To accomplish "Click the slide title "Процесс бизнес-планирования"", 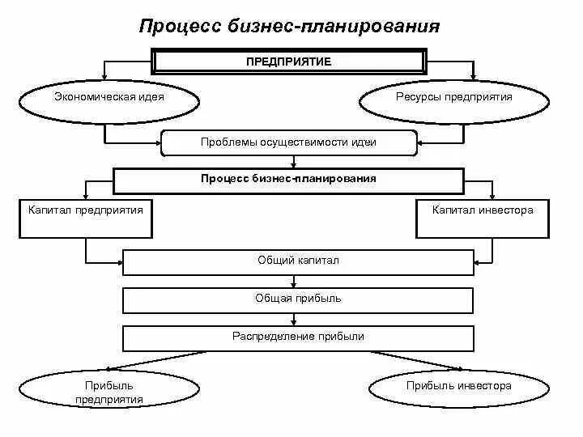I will point(289,27).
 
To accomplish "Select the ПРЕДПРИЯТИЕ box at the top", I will point(289,62).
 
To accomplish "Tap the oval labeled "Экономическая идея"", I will point(109,98).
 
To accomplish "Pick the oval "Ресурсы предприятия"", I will point(454,98).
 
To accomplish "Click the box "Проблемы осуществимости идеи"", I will point(289,142).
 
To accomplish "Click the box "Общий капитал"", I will point(297,262).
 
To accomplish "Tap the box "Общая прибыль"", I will point(297,299).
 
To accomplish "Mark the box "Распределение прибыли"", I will point(297,337).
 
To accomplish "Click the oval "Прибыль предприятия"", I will point(109,392).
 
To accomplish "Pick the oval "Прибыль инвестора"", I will point(459,387).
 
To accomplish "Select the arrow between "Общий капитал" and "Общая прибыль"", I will point(298,281).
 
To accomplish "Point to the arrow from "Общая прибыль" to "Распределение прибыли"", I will point(298,319).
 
